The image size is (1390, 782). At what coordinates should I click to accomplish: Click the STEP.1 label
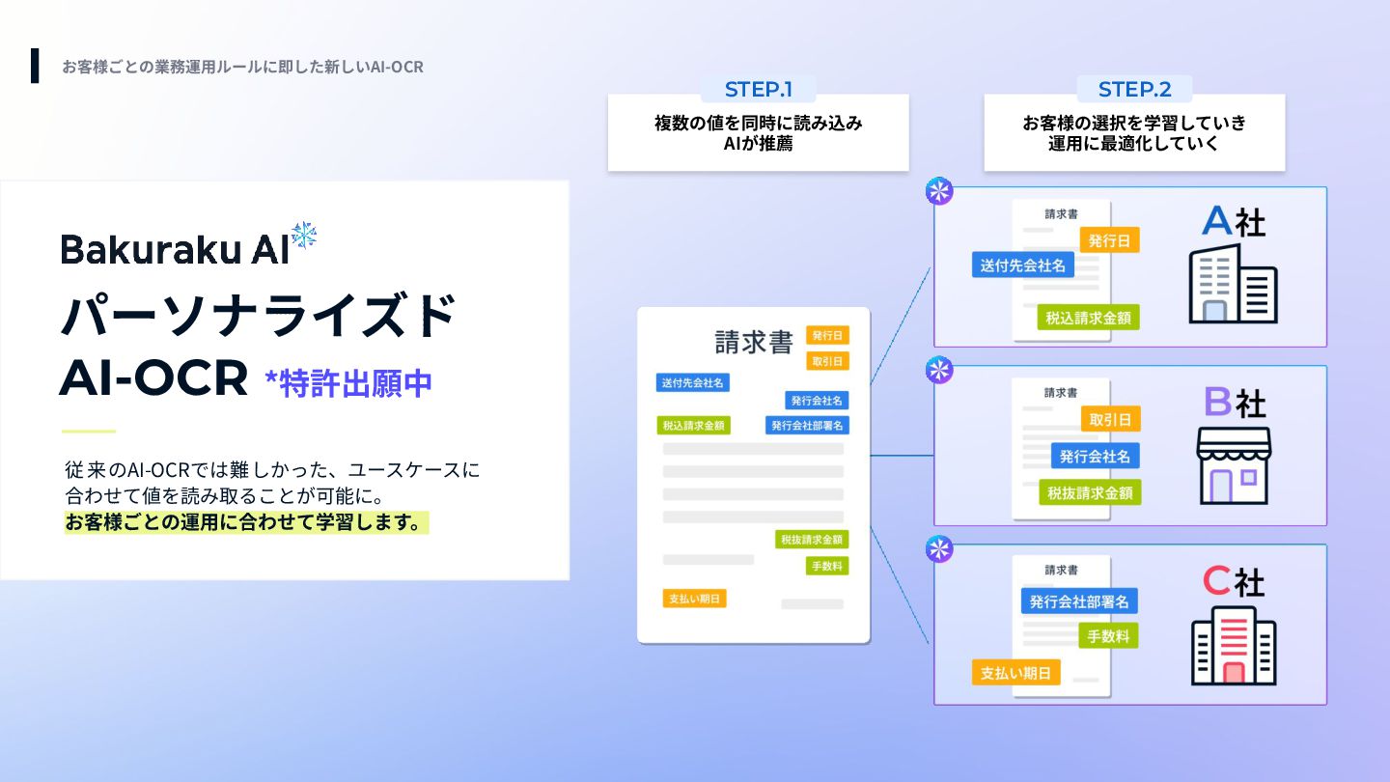(x=759, y=90)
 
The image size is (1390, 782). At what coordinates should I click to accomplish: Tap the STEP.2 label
(x=1134, y=90)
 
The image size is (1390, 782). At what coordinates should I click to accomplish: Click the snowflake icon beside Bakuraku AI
(x=304, y=237)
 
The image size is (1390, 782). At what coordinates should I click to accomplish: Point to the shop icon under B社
(x=1234, y=465)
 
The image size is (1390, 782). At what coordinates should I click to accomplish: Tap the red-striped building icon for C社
(x=1234, y=645)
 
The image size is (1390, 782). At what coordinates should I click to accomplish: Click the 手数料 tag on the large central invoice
(x=827, y=566)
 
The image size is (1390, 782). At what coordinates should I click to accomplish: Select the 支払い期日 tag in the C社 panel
(x=1015, y=673)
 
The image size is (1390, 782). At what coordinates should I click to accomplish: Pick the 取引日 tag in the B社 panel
(x=1110, y=419)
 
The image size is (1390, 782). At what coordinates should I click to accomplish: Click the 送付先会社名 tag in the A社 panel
(x=1023, y=265)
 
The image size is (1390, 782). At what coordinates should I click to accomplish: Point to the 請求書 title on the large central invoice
(x=754, y=343)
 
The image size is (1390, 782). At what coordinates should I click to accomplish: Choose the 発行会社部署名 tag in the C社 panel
(x=1078, y=601)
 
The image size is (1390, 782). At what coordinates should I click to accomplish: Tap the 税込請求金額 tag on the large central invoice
(x=692, y=425)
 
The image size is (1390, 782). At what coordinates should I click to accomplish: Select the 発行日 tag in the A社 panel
(x=1109, y=240)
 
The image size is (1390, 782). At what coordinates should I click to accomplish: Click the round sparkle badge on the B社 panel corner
(x=939, y=370)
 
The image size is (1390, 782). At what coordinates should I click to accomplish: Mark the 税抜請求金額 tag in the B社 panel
(x=1090, y=492)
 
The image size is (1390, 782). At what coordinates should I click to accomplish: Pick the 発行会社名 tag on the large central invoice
(x=817, y=400)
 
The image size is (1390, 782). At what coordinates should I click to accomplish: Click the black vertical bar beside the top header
(x=36, y=66)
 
